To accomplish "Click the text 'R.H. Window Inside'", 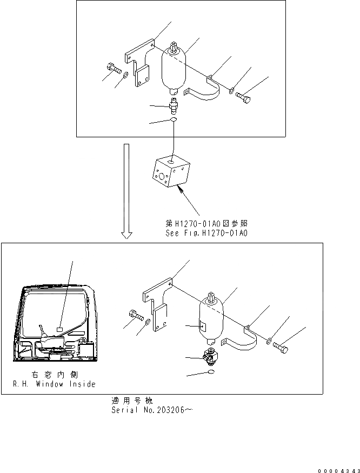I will (x=54, y=384).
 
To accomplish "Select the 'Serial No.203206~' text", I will (x=152, y=409).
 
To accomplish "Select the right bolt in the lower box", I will (x=280, y=346).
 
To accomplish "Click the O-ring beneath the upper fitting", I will (x=172, y=119).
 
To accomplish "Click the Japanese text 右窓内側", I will (x=54, y=375).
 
